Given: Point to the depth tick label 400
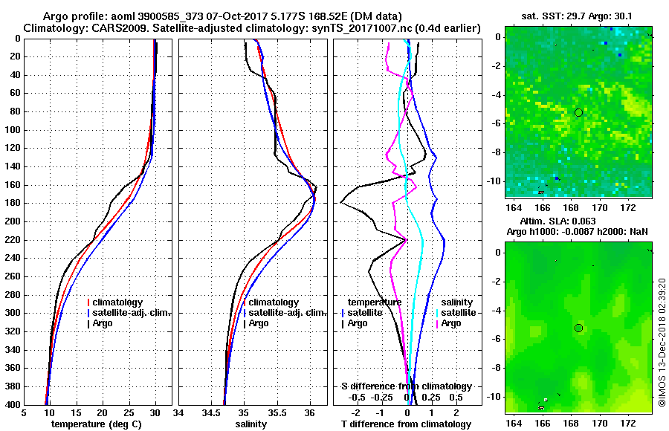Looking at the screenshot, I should click(12, 405).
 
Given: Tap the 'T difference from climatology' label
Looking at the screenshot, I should click(405, 424).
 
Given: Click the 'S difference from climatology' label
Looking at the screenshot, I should click(407, 386).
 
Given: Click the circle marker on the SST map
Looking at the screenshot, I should click(578, 112).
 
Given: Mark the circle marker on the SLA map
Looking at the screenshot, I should click(578, 328).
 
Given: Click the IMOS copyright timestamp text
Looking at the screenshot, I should click(662, 343).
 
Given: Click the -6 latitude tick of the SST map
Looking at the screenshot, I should click(495, 123).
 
